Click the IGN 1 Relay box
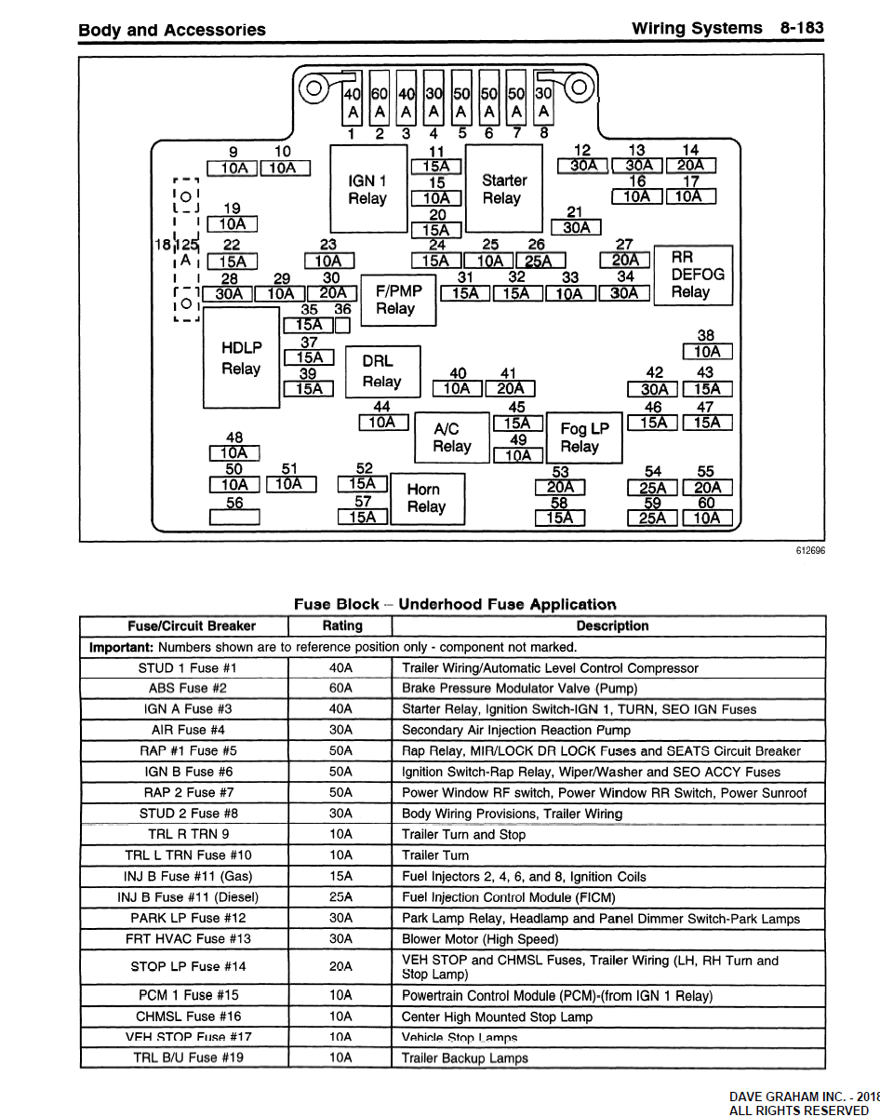368,189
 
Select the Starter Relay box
503,189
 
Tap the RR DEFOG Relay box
690,275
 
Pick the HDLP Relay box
241,358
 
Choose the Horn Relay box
425,499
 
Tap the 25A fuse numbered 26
540,262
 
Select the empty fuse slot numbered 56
234,518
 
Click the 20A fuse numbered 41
510,389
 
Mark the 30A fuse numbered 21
577,227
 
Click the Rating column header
341,626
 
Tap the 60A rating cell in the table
341,689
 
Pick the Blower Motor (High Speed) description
480,939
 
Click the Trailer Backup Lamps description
464,1057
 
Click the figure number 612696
809,550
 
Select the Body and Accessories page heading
172,30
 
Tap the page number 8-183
802,28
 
